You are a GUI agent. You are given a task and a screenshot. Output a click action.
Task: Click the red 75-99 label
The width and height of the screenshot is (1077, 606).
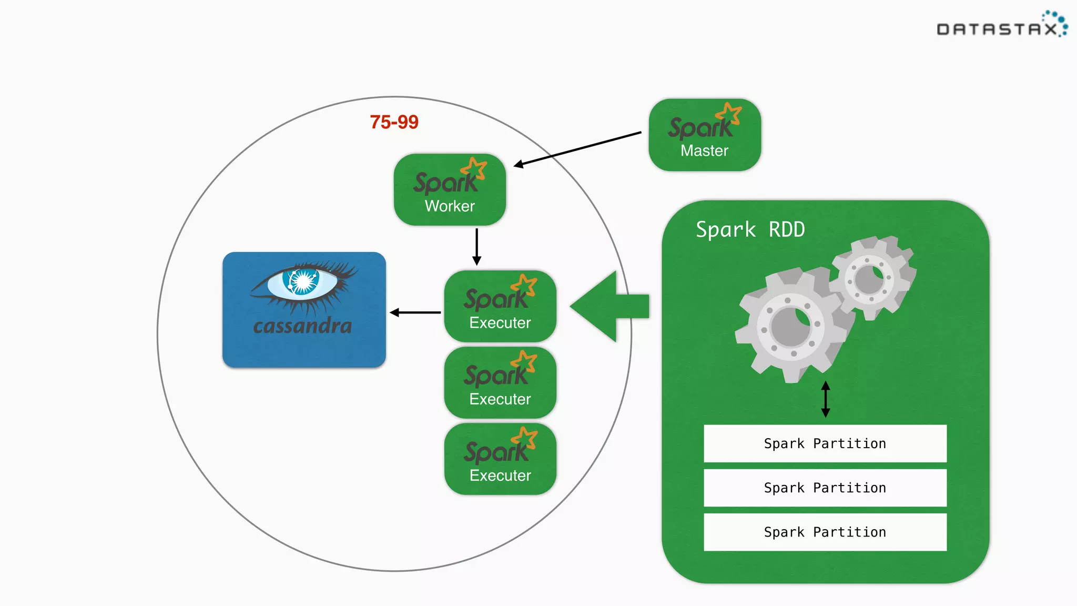(394, 122)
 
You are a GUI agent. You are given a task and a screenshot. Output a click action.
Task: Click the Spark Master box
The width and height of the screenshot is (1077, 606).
(704, 135)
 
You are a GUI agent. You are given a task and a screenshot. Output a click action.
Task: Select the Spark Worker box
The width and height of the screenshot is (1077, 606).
(450, 190)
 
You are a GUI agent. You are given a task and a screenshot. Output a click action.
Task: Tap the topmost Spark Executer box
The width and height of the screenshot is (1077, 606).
(500, 307)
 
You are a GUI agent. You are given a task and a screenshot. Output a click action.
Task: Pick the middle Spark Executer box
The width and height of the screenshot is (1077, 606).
(500, 383)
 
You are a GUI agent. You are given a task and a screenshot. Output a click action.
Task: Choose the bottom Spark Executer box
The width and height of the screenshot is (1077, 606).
(500, 459)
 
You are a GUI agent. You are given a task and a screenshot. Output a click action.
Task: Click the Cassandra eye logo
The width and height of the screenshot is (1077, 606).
(302, 283)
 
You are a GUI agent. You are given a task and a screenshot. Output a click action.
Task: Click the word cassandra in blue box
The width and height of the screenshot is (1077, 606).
(302, 326)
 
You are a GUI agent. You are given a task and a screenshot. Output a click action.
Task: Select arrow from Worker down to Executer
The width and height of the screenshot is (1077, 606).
(476, 246)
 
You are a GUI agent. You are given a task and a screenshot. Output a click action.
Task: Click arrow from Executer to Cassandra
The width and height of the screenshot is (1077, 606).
(415, 312)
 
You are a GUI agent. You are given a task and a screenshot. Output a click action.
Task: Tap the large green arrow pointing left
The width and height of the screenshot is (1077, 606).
(605, 307)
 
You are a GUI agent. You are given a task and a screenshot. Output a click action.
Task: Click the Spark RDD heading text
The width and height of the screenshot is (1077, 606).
(750, 230)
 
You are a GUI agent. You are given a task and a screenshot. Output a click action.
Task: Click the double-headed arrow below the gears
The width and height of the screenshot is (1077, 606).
(826, 399)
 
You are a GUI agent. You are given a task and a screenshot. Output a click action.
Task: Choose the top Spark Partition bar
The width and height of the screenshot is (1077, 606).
(825, 443)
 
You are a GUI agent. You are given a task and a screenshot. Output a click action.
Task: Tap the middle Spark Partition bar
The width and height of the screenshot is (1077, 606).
(825, 488)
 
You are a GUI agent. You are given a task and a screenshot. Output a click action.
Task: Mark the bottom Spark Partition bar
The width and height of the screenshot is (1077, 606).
(825, 532)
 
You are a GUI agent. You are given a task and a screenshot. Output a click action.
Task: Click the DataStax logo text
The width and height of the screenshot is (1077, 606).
(997, 29)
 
